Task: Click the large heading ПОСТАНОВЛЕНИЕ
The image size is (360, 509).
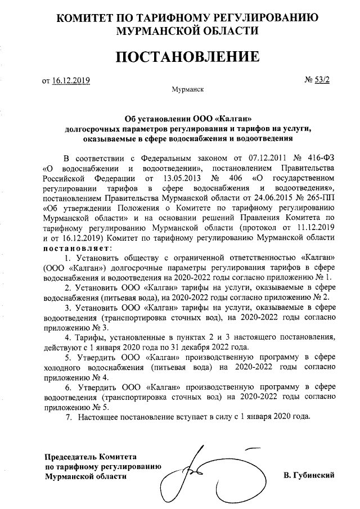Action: click(x=180, y=57)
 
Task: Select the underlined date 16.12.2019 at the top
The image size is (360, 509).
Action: click(x=71, y=81)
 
